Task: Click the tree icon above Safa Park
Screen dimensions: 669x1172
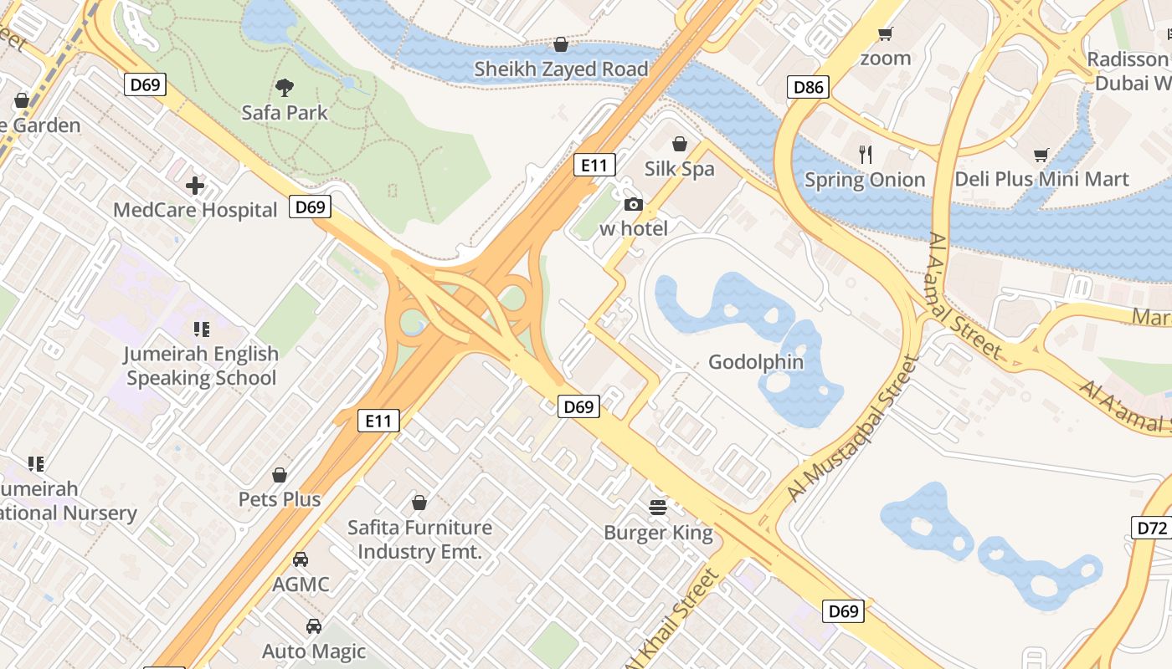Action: click(x=285, y=87)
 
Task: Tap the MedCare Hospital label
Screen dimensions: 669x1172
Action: click(x=195, y=210)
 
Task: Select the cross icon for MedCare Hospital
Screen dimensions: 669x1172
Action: click(x=195, y=185)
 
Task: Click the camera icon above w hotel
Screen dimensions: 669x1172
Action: click(x=634, y=204)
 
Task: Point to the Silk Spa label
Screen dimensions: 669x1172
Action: click(x=679, y=169)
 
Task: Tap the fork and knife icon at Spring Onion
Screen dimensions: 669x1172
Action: click(x=866, y=154)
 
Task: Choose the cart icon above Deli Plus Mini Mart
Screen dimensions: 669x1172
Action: click(x=1041, y=155)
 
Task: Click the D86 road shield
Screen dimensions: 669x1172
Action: click(x=809, y=87)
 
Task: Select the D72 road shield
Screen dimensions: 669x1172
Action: click(x=1152, y=528)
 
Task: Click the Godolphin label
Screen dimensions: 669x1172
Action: click(x=755, y=362)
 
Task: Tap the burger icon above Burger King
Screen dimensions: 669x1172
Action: click(x=658, y=507)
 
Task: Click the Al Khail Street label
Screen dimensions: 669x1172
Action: click(x=678, y=615)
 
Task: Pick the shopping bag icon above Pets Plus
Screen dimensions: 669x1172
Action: click(x=280, y=475)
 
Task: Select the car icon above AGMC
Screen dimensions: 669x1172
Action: click(x=301, y=559)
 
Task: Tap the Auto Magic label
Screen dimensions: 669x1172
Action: click(x=314, y=651)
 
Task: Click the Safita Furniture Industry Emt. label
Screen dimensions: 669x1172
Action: click(x=419, y=539)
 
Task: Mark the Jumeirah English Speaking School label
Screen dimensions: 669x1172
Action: click(x=201, y=365)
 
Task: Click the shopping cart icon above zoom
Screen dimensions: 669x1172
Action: click(x=885, y=34)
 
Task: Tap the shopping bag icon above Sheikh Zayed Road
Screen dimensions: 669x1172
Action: click(x=561, y=43)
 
